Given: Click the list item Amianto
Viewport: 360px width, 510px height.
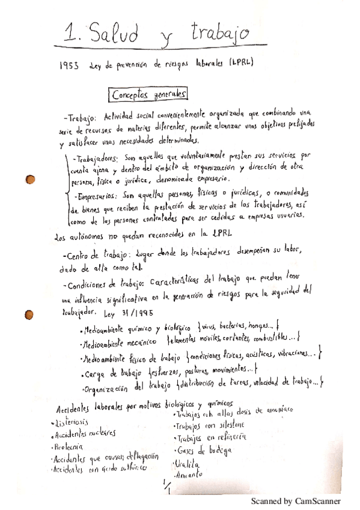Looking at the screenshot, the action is point(188,475).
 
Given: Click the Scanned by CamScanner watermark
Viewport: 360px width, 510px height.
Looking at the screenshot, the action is point(296,501).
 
